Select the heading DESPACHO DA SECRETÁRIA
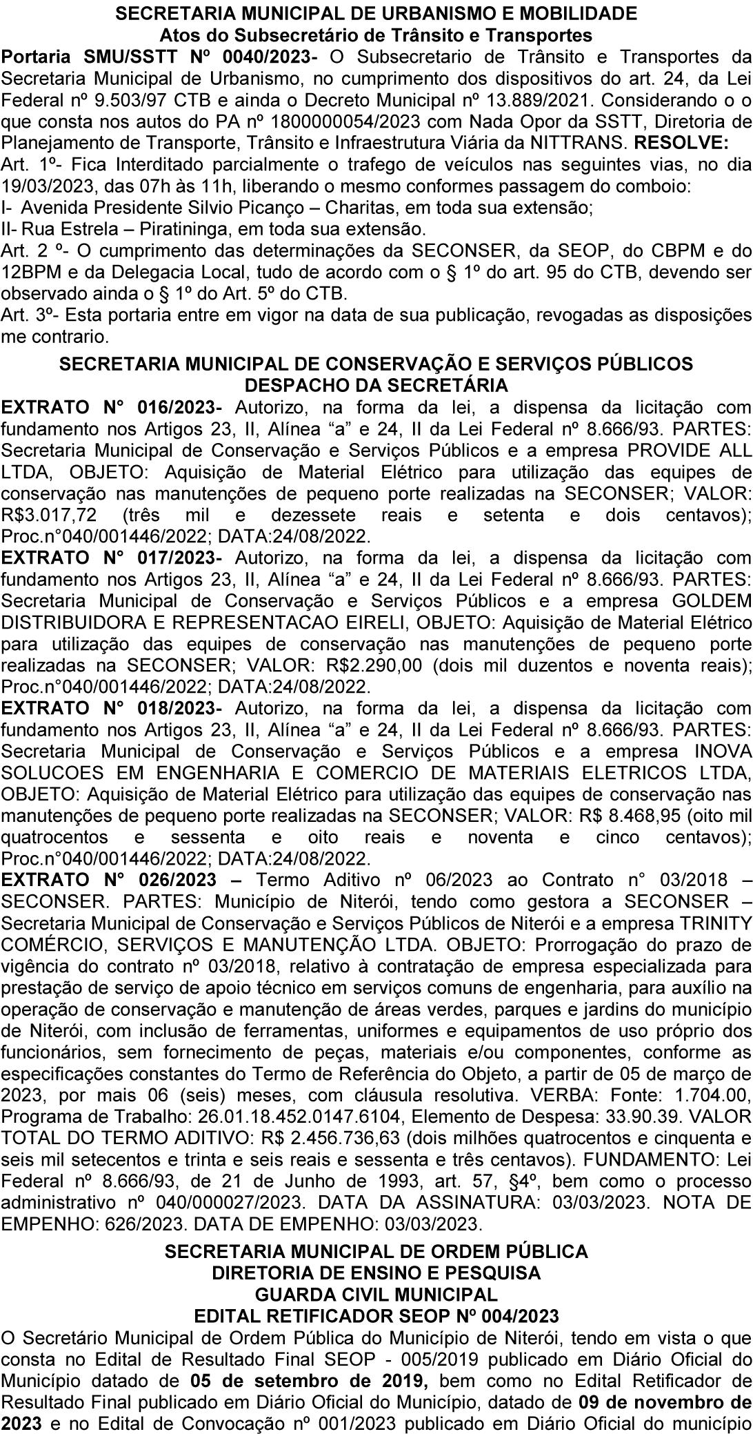click(376, 384)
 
